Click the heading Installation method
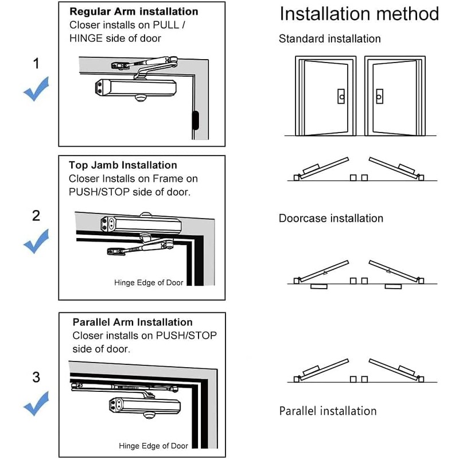359,14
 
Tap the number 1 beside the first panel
36,64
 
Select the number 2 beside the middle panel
36,216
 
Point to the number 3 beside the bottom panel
36,377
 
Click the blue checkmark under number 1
36,92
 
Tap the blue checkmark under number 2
36,244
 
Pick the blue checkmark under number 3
36,405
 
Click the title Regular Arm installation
134,11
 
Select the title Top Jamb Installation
123,165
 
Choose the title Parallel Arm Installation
133,322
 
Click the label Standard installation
329,39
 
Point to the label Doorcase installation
330,219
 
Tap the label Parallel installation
328,411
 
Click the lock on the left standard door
341,97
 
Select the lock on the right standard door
379,97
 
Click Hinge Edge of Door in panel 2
149,283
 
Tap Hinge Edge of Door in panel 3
153,446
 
